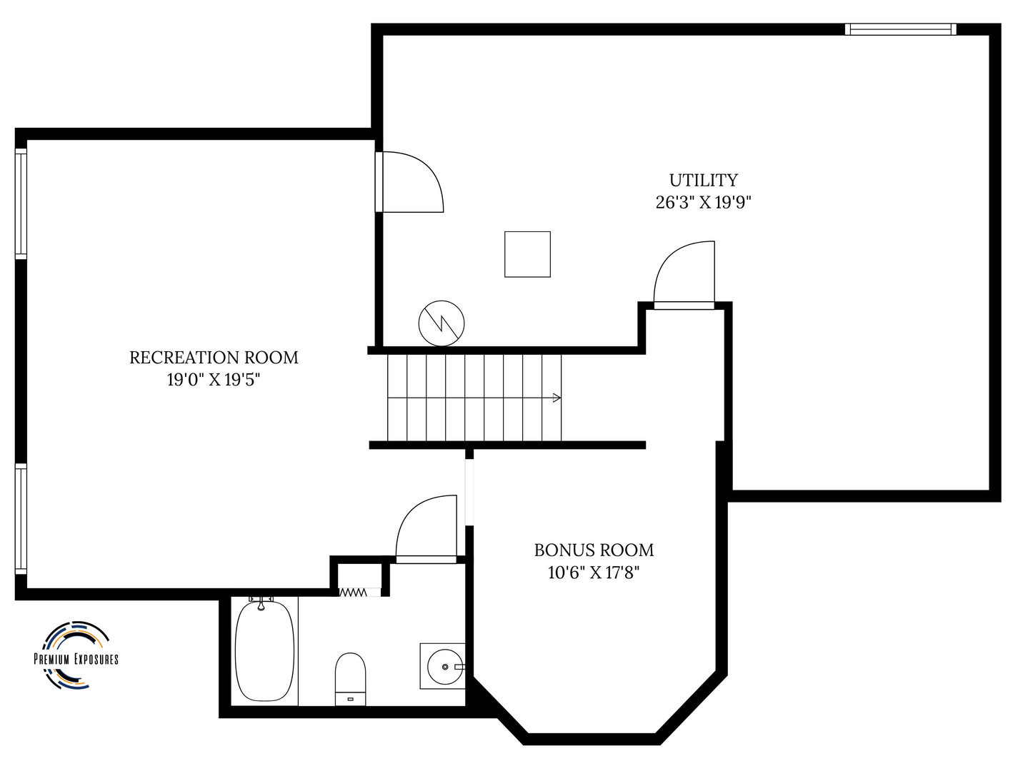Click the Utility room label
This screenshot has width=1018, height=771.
pos(703,180)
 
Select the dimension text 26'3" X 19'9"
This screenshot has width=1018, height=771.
pos(703,203)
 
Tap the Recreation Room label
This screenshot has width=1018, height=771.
pos(214,358)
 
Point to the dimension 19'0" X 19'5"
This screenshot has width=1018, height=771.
pos(214,381)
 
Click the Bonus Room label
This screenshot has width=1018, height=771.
pos(594,550)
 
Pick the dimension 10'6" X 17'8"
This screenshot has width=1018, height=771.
pos(594,573)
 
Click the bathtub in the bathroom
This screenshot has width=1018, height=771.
pos(264,651)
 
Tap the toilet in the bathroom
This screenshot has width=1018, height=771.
pos(350,679)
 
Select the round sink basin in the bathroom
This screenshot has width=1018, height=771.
pos(445,667)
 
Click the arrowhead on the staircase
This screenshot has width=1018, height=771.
pos(557,398)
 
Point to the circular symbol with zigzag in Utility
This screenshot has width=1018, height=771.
pos(441,323)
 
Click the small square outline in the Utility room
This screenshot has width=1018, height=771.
pos(527,254)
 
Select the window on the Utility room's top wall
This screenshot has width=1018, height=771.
pos(900,30)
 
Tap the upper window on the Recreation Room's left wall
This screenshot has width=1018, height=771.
pos(21,204)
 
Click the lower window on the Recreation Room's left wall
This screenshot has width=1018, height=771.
pos(21,519)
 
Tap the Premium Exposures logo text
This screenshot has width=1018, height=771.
pos(76,659)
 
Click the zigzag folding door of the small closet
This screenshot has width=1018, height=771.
pos(353,592)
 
